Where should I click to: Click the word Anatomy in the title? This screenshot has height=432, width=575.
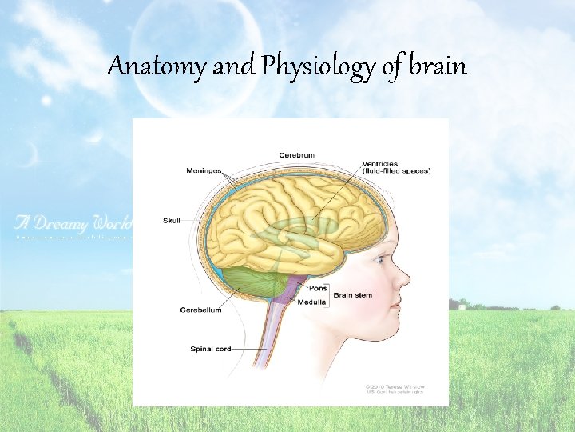(x=157, y=66)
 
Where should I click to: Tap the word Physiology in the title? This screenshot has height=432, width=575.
(x=316, y=67)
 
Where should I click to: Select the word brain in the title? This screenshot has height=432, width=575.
(x=436, y=66)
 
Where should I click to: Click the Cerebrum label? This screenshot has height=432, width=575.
(x=295, y=154)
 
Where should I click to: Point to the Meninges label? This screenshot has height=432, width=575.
(x=203, y=170)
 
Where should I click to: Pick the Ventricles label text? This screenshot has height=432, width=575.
(x=380, y=163)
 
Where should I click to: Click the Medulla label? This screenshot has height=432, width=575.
(x=311, y=302)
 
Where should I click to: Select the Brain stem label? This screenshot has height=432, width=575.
(x=352, y=295)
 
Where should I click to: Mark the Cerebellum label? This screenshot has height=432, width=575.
(x=200, y=310)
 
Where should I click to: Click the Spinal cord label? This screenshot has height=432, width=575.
(x=211, y=349)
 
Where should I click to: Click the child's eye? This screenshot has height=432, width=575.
(x=379, y=260)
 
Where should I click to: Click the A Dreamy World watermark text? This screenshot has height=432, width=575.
(x=72, y=222)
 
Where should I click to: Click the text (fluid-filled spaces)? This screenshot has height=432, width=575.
(x=396, y=170)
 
